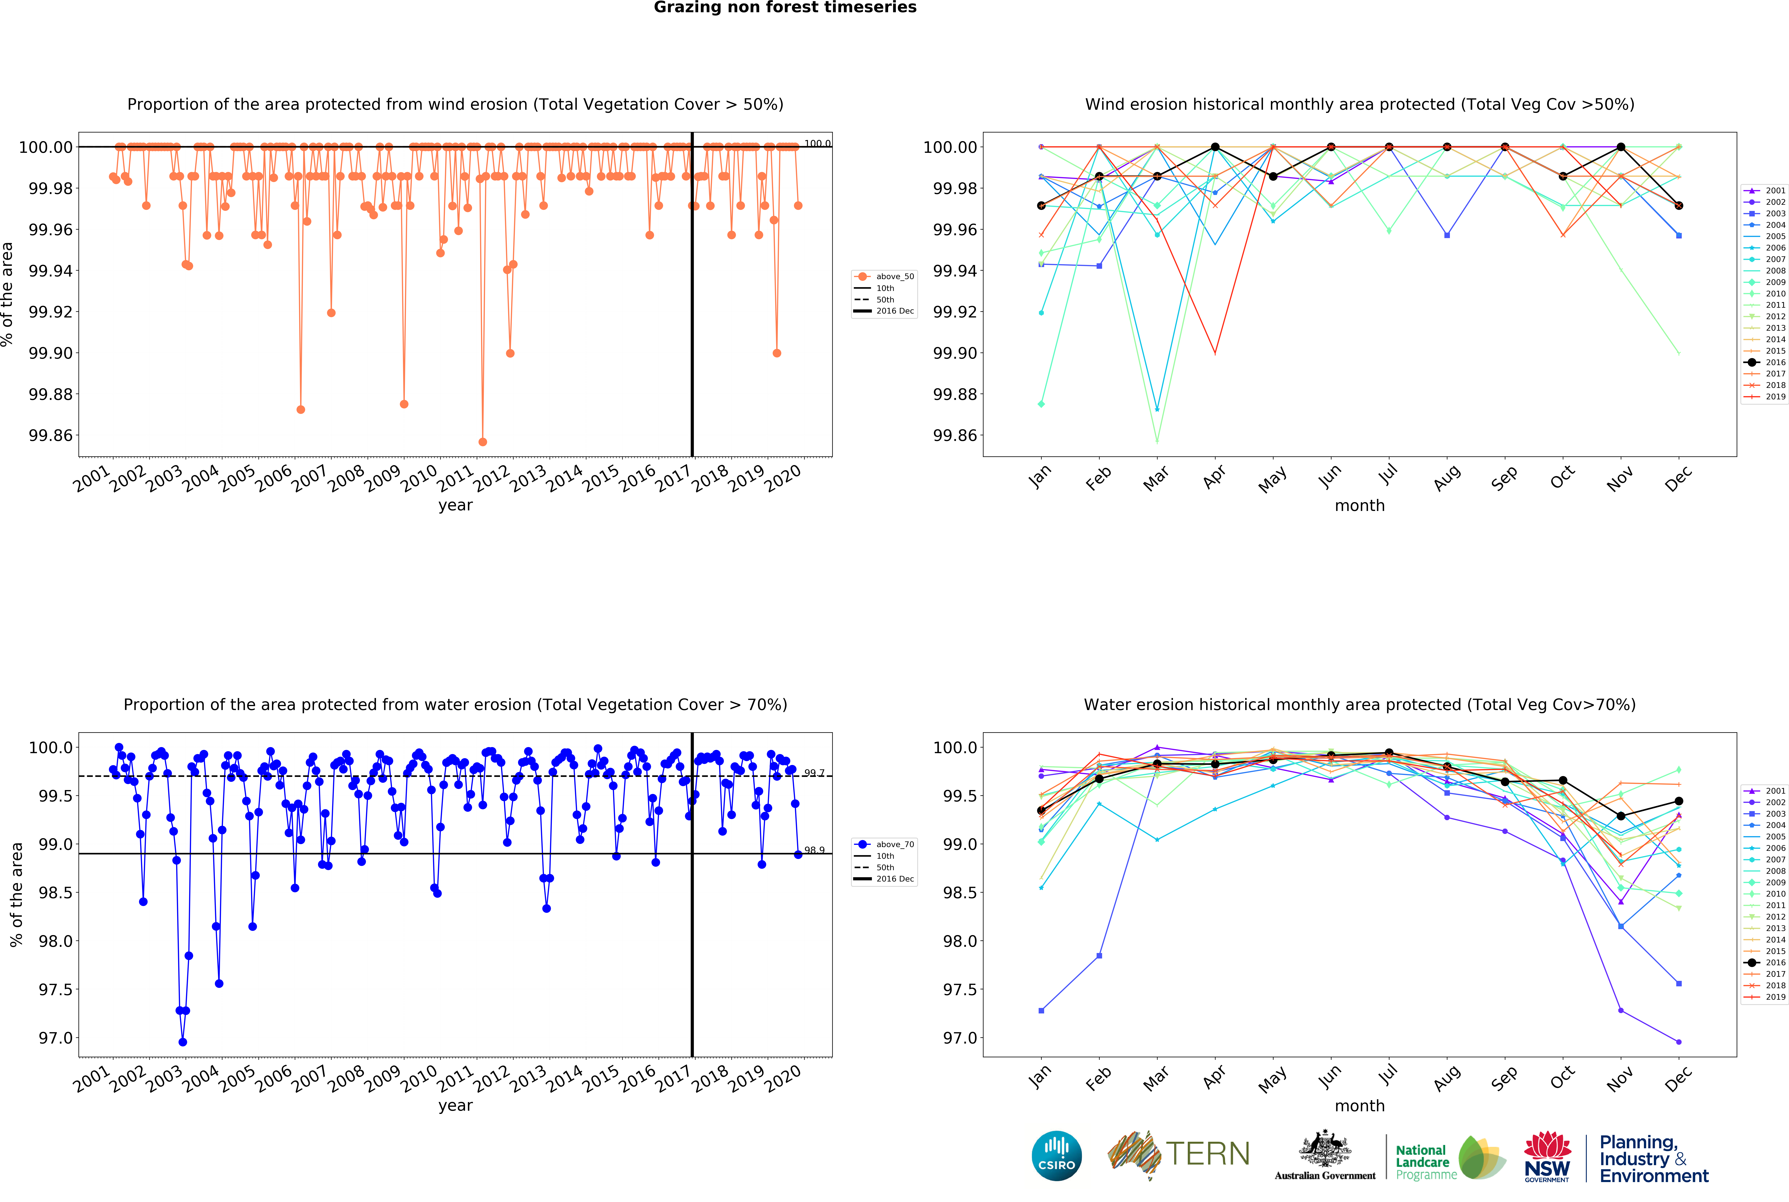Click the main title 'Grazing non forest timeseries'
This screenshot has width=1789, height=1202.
pos(785,8)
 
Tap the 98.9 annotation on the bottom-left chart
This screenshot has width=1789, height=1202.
pos(814,850)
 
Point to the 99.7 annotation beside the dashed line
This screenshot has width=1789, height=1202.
pos(814,773)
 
